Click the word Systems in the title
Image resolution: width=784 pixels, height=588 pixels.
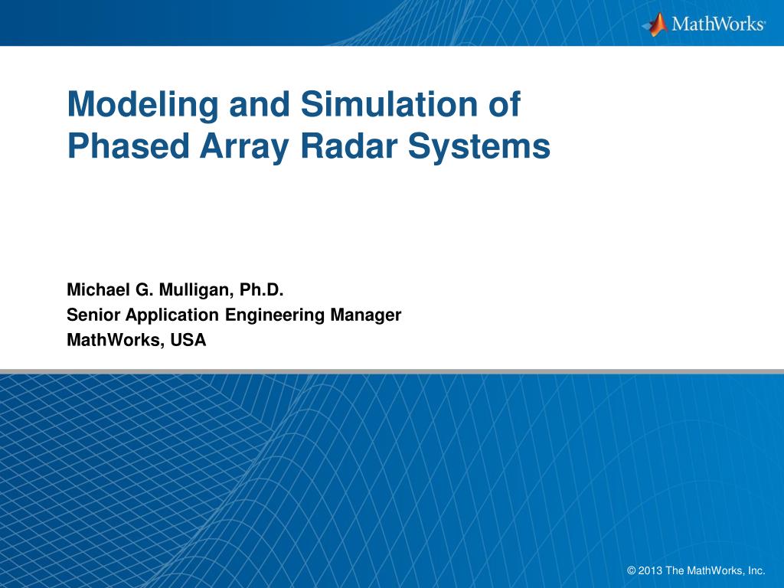[x=479, y=146]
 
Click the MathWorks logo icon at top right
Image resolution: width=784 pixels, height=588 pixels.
[x=655, y=24]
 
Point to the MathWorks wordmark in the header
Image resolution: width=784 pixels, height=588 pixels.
[x=718, y=24]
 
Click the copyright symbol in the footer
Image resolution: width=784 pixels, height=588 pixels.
[x=632, y=570]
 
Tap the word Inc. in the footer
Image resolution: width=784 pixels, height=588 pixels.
[x=756, y=570]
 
